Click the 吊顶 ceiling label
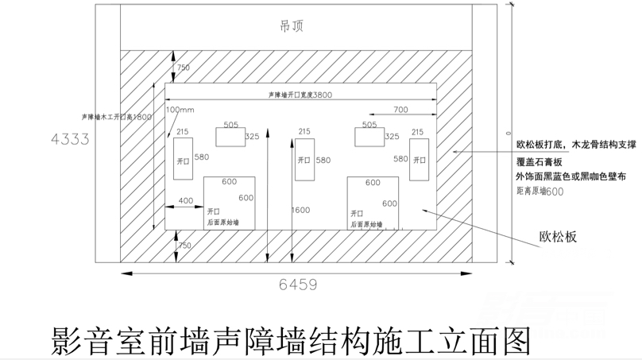point(292,26)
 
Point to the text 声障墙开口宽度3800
point(300,95)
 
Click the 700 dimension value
point(400,109)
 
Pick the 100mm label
point(180,109)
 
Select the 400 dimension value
point(185,201)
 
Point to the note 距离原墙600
point(540,192)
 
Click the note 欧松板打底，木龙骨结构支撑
point(576,145)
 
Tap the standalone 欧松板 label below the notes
point(558,238)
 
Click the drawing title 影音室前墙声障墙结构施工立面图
point(290,339)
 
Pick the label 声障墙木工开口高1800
point(116,117)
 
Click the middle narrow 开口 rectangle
point(304,159)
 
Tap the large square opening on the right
point(373,203)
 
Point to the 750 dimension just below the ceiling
point(184,68)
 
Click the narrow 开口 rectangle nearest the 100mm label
point(183,159)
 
